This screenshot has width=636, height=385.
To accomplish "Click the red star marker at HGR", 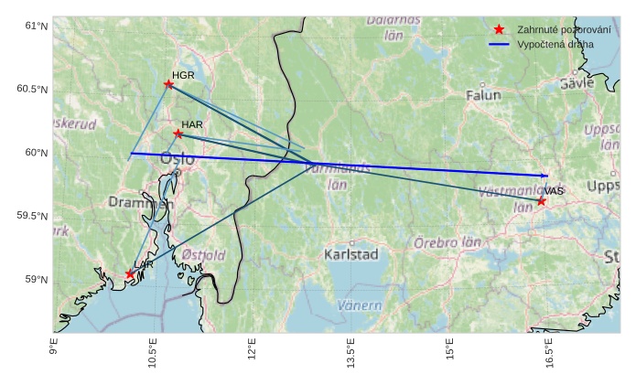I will pyautogui.click(x=168, y=84).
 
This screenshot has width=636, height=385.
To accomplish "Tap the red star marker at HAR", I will pyautogui.click(x=178, y=134).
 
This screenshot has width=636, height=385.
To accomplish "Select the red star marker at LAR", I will pyautogui.click(x=130, y=274).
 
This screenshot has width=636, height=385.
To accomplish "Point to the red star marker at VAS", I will pyautogui.click(x=542, y=201).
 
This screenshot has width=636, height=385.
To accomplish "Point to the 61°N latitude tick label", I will pyautogui.click(x=35, y=26).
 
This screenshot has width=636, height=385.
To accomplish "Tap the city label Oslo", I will pyautogui.click(x=178, y=159).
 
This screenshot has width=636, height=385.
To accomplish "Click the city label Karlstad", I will pyautogui.click(x=350, y=254).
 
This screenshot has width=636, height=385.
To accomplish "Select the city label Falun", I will pyautogui.click(x=483, y=95).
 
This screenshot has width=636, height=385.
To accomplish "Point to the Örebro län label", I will pyautogui.click(x=447, y=243).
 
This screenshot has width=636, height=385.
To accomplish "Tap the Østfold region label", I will pyautogui.click(x=204, y=255).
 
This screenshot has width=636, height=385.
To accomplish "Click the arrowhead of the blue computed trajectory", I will pyautogui.click(x=545, y=176).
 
